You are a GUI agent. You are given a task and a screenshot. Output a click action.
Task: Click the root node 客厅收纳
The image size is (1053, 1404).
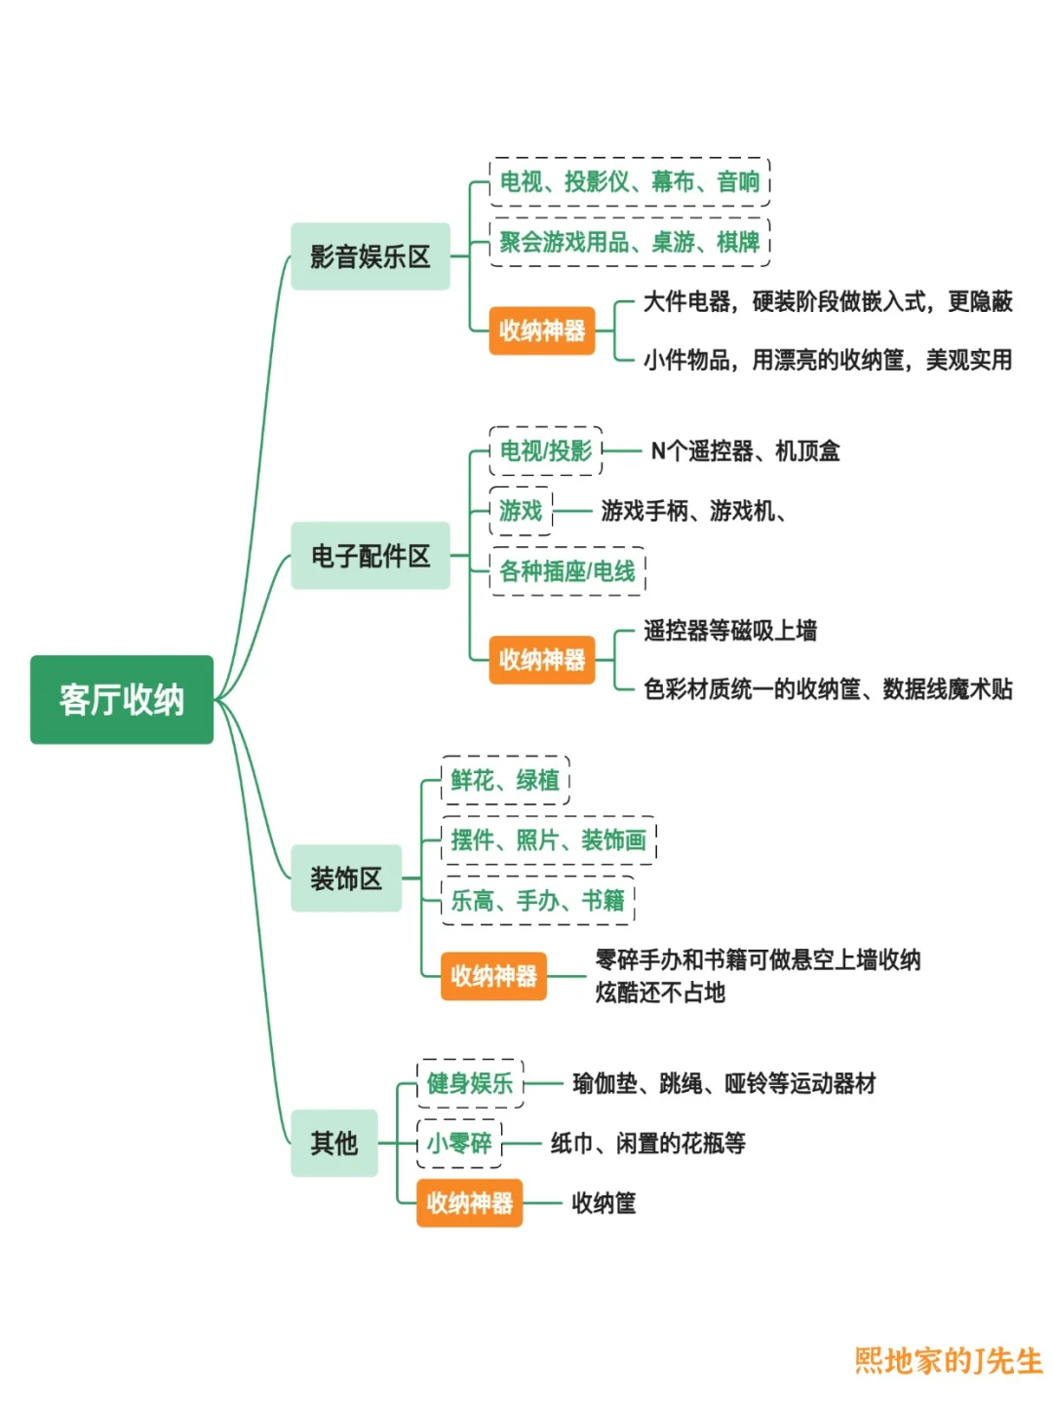tap(122, 699)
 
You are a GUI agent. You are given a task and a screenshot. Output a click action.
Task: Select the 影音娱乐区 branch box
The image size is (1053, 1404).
tap(370, 256)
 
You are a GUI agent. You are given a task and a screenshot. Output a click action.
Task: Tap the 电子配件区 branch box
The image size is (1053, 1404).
tap(370, 556)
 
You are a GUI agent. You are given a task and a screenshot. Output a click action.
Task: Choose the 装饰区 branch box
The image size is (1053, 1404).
tap(346, 878)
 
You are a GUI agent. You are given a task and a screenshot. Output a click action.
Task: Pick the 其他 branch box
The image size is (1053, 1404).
tap(334, 1143)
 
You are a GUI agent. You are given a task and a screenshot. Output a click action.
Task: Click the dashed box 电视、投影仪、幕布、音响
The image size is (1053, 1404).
tap(629, 181)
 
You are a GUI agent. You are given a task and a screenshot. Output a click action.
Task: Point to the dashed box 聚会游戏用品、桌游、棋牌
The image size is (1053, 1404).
tap(629, 242)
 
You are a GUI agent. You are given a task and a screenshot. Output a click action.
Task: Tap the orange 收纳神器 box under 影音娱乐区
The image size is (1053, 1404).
tap(542, 331)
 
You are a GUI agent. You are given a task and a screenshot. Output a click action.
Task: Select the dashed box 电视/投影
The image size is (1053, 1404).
tap(546, 450)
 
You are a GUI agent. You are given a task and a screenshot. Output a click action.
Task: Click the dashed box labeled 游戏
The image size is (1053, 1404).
tap(521, 510)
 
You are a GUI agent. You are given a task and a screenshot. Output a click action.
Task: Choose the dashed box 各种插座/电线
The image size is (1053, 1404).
tap(567, 570)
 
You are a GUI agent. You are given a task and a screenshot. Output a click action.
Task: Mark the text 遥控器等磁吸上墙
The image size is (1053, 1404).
tap(730, 631)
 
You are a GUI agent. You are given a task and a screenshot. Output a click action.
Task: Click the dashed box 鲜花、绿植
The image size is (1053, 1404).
tap(505, 780)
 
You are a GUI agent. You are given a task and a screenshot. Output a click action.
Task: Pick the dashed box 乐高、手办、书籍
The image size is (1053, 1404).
tap(537, 900)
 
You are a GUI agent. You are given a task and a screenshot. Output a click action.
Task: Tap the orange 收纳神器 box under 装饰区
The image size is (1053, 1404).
tap(493, 976)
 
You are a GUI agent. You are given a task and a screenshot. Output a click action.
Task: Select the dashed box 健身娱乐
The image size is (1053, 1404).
tap(470, 1083)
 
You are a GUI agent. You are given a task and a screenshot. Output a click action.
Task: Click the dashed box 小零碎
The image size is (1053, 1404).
tap(459, 1143)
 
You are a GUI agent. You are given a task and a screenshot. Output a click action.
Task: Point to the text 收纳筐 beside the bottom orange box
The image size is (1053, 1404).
tap(604, 1203)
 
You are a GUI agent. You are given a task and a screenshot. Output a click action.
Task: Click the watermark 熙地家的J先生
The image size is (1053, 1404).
tap(949, 1360)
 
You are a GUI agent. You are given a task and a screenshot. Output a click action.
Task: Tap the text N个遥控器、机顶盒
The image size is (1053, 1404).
tap(745, 450)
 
